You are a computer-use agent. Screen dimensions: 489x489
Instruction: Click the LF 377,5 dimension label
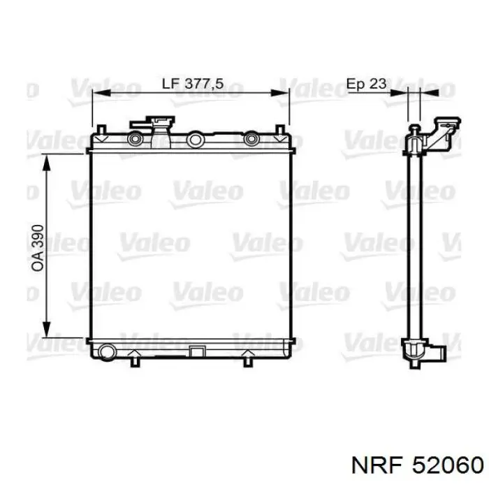[x=192, y=84]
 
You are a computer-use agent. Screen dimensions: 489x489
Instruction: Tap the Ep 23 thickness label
[x=367, y=84]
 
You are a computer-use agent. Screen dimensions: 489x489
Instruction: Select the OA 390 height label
[x=38, y=248]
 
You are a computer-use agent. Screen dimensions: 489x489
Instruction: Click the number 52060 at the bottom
[x=448, y=466]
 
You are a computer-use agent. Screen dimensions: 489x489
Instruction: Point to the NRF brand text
[x=376, y=466]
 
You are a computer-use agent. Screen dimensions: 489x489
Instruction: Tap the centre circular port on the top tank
[x=195, y=140]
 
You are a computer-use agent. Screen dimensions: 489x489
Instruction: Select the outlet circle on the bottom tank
[x=108, y=351]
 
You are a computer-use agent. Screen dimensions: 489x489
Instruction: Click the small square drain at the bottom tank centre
[x=196, y=351]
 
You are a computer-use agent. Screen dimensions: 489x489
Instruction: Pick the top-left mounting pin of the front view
[x=101, y=129]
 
